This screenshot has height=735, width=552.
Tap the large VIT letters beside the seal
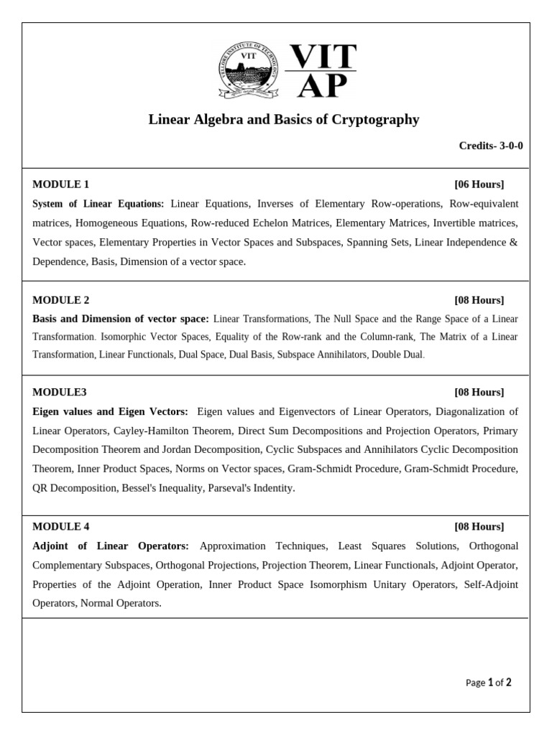pos(321,57)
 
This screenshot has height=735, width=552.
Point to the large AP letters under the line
pos(322,87)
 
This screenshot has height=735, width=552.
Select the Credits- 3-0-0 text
pos(491,146)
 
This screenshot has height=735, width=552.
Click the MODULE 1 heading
pos(61,184)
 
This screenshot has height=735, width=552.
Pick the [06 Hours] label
pos(479,184)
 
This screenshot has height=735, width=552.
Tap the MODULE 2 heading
pos(61,300)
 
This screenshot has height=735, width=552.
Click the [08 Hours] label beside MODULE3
pos(479,392)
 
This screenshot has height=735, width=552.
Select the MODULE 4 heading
pos(61,527)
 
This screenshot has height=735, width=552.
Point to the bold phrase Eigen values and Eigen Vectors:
pos(111,411)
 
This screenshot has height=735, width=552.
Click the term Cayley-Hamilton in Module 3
pos(149,431)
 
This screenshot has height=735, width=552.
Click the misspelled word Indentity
pos(271,488)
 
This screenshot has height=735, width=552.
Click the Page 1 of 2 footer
pos(489,683)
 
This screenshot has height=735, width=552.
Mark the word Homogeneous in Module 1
pos(106,223)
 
